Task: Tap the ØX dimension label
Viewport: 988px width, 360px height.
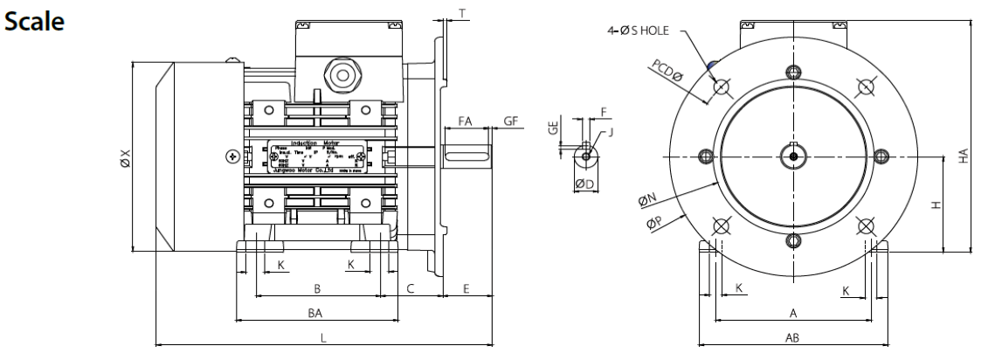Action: tap(125, 157)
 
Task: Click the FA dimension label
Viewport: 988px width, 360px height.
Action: tap(466, 122)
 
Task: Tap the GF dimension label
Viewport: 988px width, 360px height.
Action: tap(510, 122)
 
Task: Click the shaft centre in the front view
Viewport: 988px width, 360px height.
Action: tap(792, 156)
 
